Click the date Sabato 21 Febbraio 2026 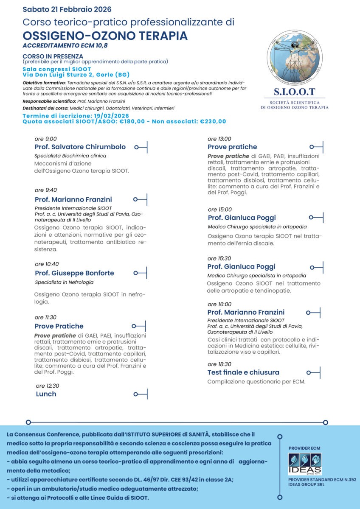[x=67, y=9]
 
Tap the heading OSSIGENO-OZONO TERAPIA [x=105, y=36]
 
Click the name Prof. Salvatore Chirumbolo [x=80, y=147]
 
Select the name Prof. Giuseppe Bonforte [x=74, y=273]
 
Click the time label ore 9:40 [x=46, y=190]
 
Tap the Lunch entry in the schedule [x=46, y=394]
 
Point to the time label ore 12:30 [x=48, y=386]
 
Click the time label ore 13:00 [x=219, y=139]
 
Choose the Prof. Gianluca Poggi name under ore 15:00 [x=242, y=218]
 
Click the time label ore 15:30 [x=219, y=258]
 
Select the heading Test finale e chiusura [x=243, y=372]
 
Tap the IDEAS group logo [x=305, y=464]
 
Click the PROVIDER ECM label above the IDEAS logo [x=304, y=448]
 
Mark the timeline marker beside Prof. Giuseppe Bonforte [x=140, y=273]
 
